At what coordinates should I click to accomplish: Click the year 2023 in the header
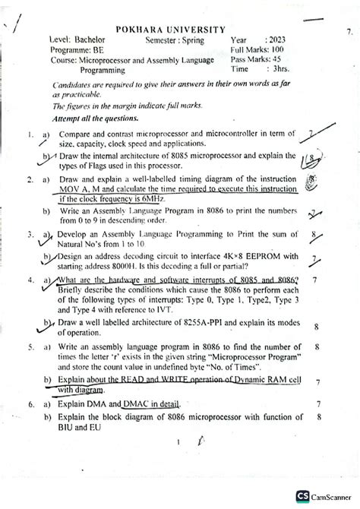[276, 38]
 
